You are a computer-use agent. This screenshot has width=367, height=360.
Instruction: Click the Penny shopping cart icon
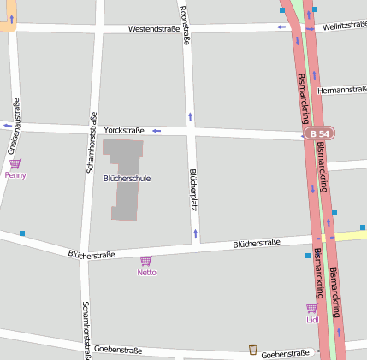pyautogui.click(x=15, y=162)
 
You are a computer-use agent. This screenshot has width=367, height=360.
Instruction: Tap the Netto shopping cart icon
pyautogui.click(x=146, y=261)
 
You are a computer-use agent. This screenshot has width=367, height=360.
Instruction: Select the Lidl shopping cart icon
pyautogui.click(x=311, y=308)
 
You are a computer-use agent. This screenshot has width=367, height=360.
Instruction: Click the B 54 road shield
pyautogui.click(x=319, y=134)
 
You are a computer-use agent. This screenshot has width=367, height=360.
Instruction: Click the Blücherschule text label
pyautogui.click(x=127, y=179)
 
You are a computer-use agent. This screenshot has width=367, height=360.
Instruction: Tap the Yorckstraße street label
pyautogui.click(x=124, y=130)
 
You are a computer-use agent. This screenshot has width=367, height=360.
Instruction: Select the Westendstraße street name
pyautogui.click(x=154, y=29)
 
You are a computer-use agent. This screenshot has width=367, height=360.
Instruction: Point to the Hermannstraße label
pyautogui.click(x=340, y=90)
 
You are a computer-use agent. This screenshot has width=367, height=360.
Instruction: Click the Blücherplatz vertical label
pyautogui.click(x=193, y=190)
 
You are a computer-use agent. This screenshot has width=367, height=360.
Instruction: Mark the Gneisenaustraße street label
pyautogui.click(x=15, y=125)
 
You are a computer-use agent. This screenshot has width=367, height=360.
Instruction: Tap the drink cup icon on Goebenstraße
pyautogui.click(x=252, y=349)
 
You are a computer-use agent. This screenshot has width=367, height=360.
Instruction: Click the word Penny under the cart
pyautogui.click(x=15, y=174)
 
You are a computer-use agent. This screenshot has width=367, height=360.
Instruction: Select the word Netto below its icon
pyautogui.click(x=146, y=272)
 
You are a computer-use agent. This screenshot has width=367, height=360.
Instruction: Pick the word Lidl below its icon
pyautogui.click(x=311, y=320)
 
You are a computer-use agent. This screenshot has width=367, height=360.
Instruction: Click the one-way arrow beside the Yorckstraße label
pyautogui.click(x=157, y=131)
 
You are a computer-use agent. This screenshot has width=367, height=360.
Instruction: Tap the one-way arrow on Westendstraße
pyautogui.click(x=281, y=27)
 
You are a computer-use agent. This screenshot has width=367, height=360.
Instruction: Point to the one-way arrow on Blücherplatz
pyautogui.click(x=196, y=233)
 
